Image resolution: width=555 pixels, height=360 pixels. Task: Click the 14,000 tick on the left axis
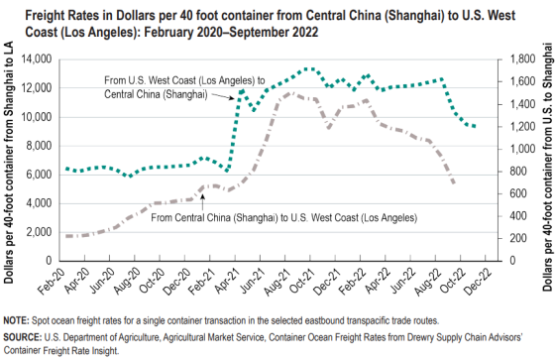[x=36, y=60]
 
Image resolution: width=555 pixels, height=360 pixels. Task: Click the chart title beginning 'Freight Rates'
[x=268, y=20]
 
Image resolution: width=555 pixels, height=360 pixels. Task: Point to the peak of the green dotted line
[x=309, y=68]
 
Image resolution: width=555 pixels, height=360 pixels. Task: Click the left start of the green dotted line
[x=65, y=169]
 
